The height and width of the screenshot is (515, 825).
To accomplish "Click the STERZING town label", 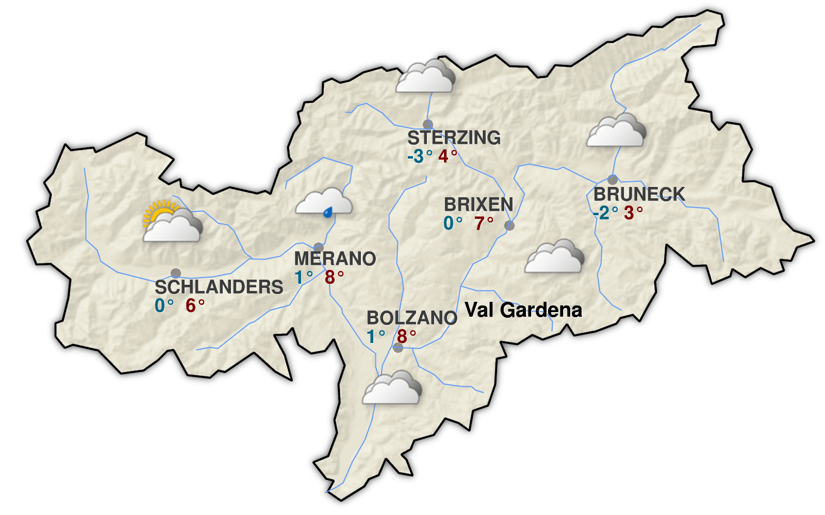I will click(x=454, y=138).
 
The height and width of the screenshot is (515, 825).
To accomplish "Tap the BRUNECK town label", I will click(x=639, y=194).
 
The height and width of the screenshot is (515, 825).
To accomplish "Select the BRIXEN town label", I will click(x=478, y=204).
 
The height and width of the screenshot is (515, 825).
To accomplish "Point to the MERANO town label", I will click(x=335, y=258).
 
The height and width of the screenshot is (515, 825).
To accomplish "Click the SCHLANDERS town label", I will click(x=219, y=287).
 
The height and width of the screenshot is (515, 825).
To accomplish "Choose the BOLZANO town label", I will click(x=411, y=318).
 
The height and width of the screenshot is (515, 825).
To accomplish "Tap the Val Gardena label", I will click(x=523, y=310).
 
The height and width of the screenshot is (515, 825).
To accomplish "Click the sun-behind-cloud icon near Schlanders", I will click(x=172, y=222).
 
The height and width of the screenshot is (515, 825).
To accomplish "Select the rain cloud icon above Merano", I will click(x=324, y=202).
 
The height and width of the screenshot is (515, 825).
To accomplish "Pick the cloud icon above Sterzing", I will click(x=426, y=77).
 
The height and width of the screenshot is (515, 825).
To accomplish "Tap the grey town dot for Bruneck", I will click(x=613, y=180).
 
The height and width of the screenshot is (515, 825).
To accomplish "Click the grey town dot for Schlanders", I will click(x=176, y=273).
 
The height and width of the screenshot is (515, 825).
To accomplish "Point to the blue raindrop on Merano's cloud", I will click(x=327, y=212).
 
